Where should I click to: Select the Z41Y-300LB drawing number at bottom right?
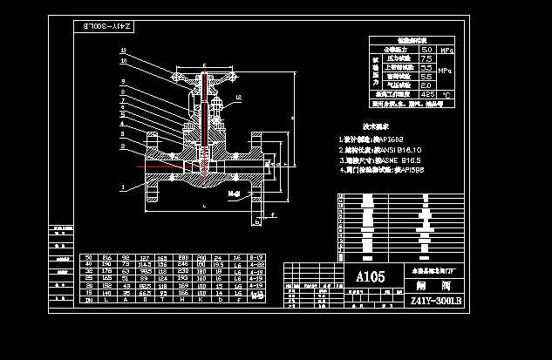coord(434,300)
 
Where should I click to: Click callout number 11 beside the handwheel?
coord(124,51)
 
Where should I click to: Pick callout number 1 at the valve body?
coord(123,186)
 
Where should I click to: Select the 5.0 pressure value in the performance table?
coord(427,51)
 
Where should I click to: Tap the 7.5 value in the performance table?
coord(427,59)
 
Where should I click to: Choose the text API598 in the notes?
coord(410,171)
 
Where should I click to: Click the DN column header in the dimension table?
coord(88,298)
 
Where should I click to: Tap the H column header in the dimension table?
coord(184,298)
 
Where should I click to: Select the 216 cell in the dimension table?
coord(107,258)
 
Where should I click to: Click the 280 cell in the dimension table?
coord(184,258)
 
